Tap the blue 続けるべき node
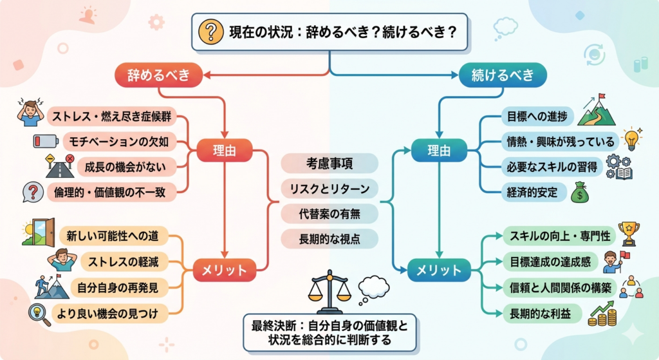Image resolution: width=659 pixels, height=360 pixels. point(503,75)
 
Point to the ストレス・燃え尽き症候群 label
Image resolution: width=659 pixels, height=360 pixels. point(111,118)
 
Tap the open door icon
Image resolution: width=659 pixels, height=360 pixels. point(38,232)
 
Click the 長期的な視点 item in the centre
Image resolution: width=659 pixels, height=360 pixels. point(329,238)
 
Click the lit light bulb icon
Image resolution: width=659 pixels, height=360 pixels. point(632,138)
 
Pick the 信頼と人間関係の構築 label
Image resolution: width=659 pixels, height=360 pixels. point(557,287)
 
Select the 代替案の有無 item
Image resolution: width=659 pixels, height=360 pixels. point(329,213)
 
